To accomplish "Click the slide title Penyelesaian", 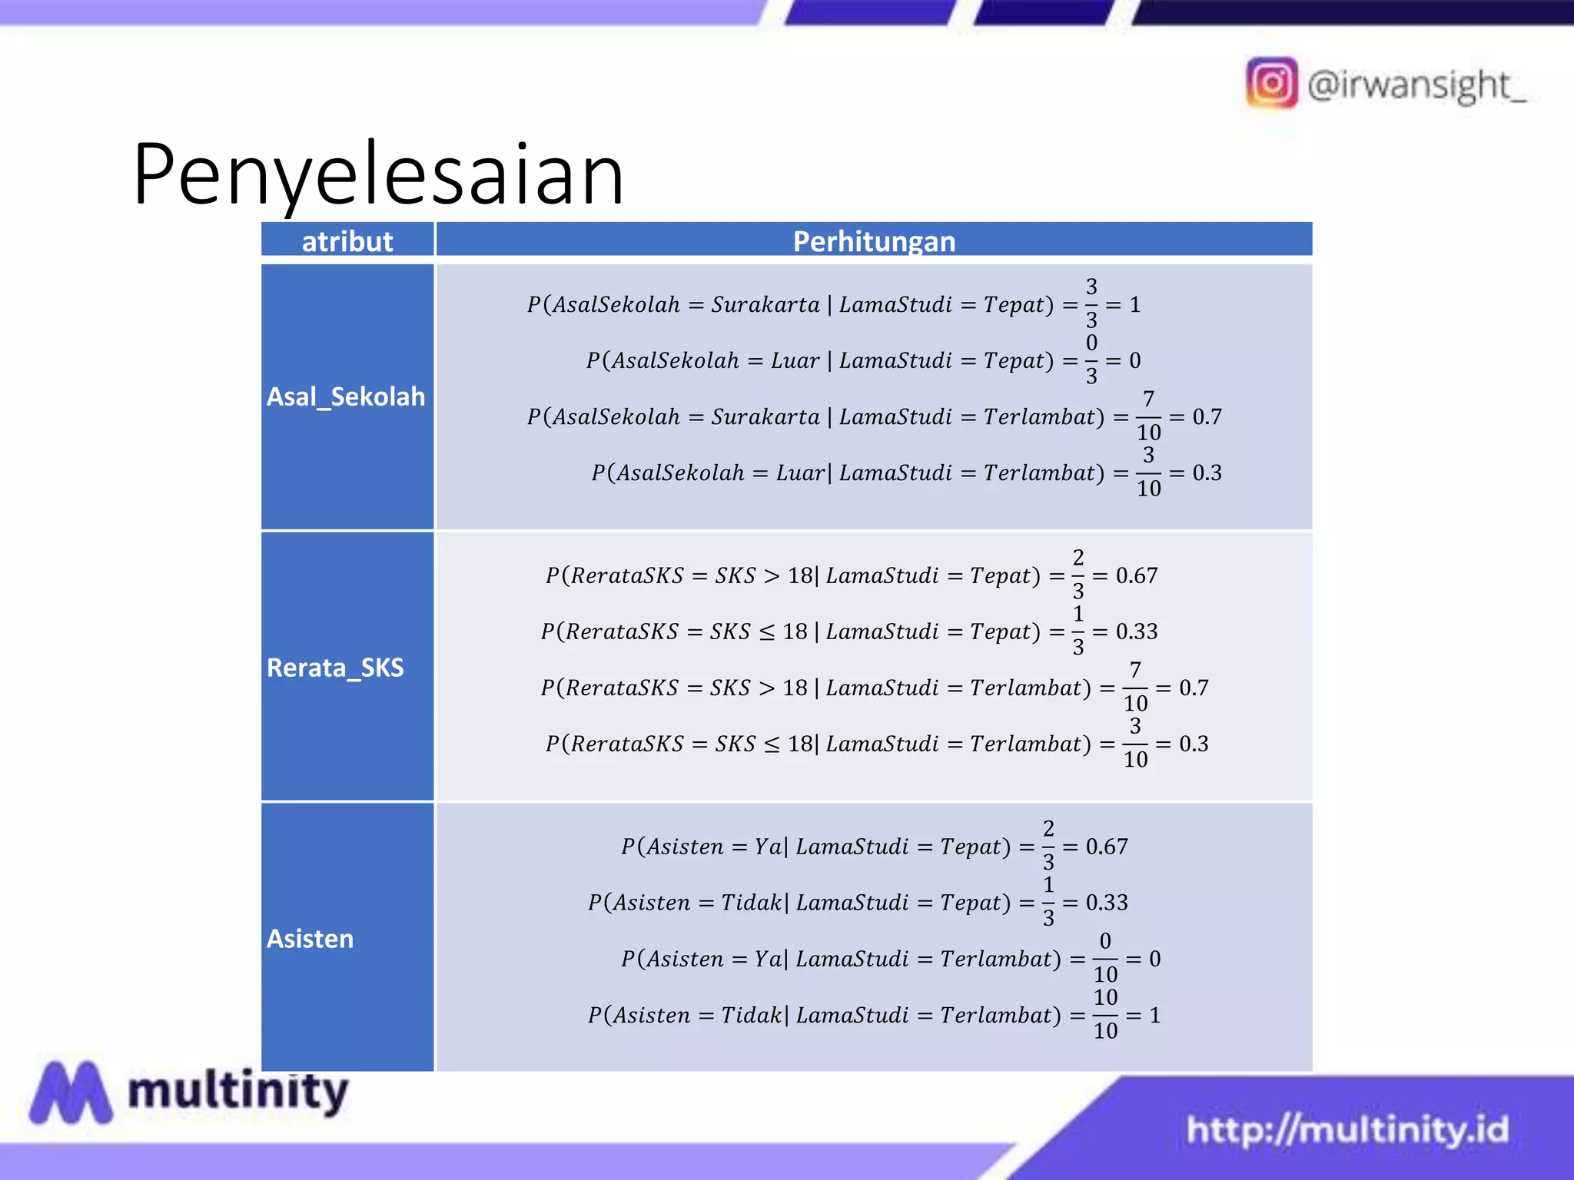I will tap(378, 175).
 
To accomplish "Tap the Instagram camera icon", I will tap(1271, 83).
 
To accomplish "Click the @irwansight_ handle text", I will tap(1416, 85).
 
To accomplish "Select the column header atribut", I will tap(347, 241).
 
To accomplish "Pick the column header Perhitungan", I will tap(874, 241).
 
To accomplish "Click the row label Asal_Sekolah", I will tap(346, 396).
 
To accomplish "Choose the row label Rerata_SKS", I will tap(335, 668).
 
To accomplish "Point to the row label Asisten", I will tap(310, 939).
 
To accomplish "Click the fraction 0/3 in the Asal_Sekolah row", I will tap(1091, 360).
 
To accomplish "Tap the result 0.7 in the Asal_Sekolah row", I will tap(1207, 417).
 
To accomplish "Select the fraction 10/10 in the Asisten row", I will tap(1105, 1014).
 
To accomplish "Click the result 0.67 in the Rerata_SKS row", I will tap(1136, 575).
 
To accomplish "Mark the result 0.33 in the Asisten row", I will tap(1107, 903).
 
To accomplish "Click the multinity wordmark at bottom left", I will tap(238, 1091).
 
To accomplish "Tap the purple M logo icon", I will tap(71, 1092).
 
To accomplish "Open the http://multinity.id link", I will tap(1347, 1129).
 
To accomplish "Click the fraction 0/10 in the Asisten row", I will tap(1105, 958).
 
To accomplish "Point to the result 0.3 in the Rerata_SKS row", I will tap(1194, 744).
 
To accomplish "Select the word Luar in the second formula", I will tap(795, 361).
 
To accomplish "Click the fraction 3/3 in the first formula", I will tap(1091, 303).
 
